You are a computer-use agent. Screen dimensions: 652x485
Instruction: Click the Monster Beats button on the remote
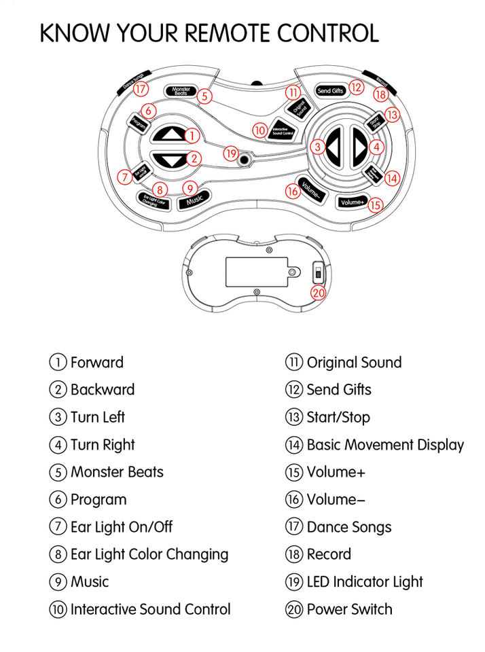coord(181,91)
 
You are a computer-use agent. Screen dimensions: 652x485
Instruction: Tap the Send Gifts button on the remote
coord(331,90)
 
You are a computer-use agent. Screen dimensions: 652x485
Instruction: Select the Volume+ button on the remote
coord(353,202)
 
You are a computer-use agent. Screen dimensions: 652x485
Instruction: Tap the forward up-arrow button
coord(168,134)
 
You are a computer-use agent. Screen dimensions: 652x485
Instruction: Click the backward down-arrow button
coord(168,161)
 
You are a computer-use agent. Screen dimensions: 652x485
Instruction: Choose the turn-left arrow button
coord(333,147)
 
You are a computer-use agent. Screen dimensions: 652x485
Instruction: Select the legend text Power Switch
coord(349,609)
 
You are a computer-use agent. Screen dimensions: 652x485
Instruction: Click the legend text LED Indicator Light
coord(365,582)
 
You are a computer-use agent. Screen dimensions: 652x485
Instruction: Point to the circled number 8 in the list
coord(58,554)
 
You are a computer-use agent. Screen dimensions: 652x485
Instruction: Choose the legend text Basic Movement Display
coord(385,445)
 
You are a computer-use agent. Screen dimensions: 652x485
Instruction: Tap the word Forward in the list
coord(96,362)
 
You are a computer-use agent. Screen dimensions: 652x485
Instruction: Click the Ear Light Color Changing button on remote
coord(153,199)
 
